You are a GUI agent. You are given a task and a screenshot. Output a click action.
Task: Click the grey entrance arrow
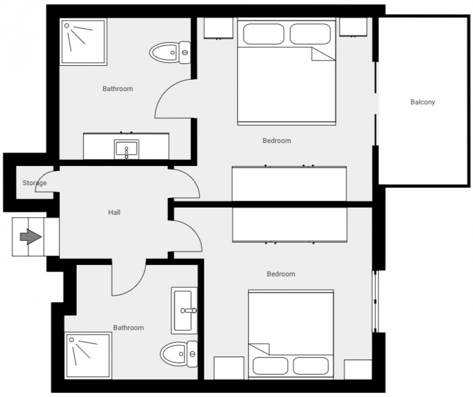tap(30, 237)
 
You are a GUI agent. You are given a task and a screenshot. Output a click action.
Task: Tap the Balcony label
tap(422, 102)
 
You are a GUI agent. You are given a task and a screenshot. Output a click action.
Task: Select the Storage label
tap(34, 183)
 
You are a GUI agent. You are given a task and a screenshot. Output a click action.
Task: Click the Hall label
tap(114, 212)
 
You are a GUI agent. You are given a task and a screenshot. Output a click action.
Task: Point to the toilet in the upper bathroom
tap(170, 52)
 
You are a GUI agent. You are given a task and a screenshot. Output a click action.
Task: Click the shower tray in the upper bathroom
tap(83, 43)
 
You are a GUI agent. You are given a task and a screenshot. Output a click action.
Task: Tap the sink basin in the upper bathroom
tap(126, 149)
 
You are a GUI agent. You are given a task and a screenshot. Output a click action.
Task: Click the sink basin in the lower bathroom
tap(185, 310)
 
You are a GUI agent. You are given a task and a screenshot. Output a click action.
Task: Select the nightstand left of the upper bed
tap(220, 28)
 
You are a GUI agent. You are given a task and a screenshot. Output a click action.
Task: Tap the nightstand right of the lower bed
tap(358, 370)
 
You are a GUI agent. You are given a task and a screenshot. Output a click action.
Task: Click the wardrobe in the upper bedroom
tap(289, 183)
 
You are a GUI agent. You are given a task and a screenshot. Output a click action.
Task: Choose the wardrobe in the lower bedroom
tap(289, 224)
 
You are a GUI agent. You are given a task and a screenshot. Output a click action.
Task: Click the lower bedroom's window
tap(376, 301)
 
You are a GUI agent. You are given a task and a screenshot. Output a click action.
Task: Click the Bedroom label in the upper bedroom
tap(277, 141)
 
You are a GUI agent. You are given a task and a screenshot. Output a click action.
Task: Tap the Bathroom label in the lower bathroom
tap(128, 328)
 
